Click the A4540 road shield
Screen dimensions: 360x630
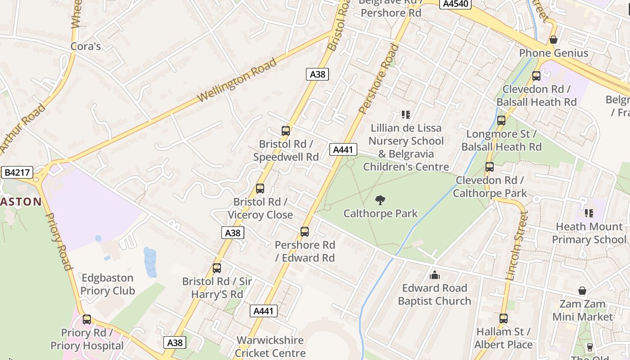pyautogui.click(x=455, y=4)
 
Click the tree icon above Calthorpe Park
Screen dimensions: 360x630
pyautogui.click(x=380, y=200)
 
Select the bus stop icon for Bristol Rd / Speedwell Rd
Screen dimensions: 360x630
pyautogui.click(x=286, y=131)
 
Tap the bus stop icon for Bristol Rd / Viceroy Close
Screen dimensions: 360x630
pyautogui.click(x=260, y=189)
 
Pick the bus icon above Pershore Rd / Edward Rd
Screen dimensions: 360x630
pyautogui.click(x=305, y=232)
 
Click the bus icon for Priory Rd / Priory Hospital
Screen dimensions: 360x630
pyautogui.click(x=87, y=319)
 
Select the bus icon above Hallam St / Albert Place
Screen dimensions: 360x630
pyautogui.click(x=503, y=319)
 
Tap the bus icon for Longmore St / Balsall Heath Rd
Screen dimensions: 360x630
pyautogui.click(x=501, y=121)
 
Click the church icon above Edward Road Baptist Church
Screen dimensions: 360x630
pyautogui.click(x=435, y=275)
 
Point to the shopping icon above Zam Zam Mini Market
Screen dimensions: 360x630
pyautogui.click(x=582, y=291)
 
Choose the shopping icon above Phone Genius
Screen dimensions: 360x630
pyautogui.click(x=553, y=40)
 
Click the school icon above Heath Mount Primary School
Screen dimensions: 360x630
pyautogui.click(x=589, y=213)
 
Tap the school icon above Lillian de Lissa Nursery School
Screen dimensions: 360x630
pyautogui.click(x=406, y=115)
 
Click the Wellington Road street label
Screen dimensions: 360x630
pyautogui.click(x=237, y=80)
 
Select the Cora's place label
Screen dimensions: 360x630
pyautogui.click(x=85, y=46)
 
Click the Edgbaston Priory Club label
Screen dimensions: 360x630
pyautogui.click(x=108, y=284)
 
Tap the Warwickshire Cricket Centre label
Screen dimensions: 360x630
pyautogui.click(x=270, y=346)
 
